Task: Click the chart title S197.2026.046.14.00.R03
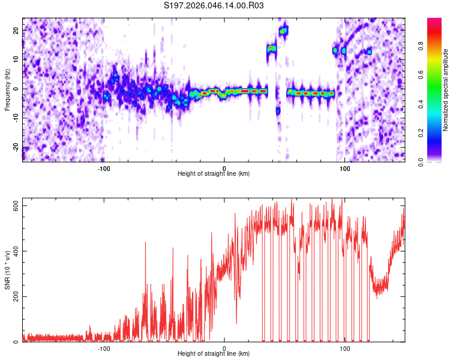214,6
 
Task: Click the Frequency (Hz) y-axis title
7,89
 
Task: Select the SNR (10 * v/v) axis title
7,271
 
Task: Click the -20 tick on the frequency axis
14,148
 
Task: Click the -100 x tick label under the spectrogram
103,167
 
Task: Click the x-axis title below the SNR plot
214,355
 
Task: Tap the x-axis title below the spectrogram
214,173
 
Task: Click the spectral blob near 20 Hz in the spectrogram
284,30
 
